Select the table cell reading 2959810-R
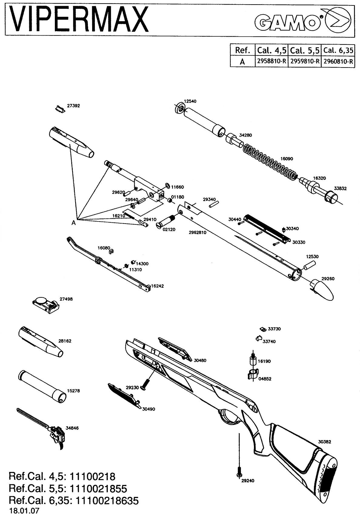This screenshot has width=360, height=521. pos(305,61)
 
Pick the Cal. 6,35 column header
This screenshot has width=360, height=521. pos(338,50)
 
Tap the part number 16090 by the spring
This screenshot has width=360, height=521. pos(287,159)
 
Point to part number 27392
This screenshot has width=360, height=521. pos(74,106)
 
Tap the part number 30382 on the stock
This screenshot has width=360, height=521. pos(325,442)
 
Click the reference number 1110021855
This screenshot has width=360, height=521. pos(98,489)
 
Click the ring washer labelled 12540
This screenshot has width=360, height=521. pos(180,108)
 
